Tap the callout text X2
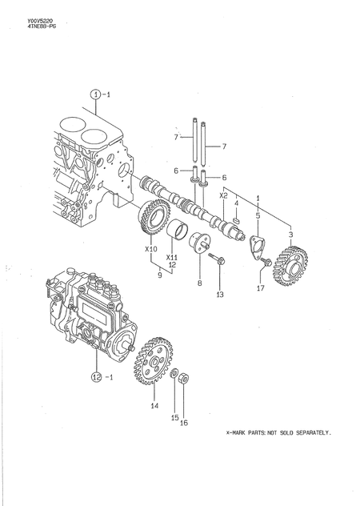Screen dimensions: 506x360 [x=224, y=195]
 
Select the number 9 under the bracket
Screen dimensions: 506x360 [x=159, y=275]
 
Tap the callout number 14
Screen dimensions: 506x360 [x=154, y=405]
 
